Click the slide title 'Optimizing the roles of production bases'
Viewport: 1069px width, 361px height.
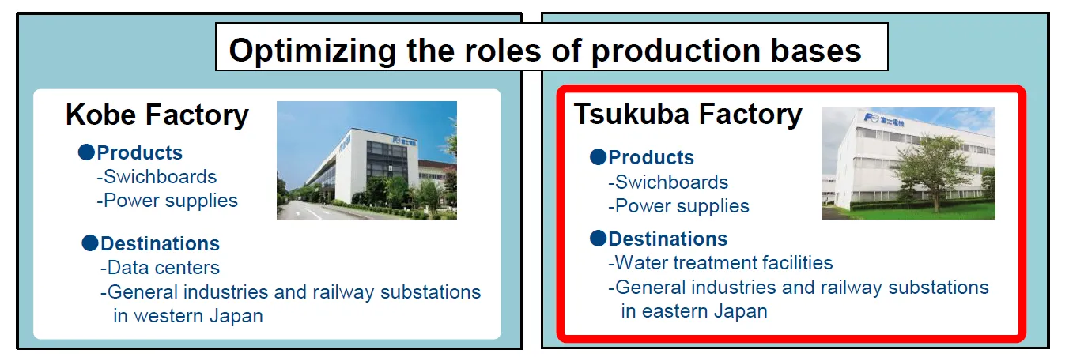(x=545, y=51)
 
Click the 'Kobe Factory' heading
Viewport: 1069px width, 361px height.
(x=157, y=115)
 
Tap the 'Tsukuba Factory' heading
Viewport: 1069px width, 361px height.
(x=688, y=115)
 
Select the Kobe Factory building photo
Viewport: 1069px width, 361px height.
(x=367, y=160)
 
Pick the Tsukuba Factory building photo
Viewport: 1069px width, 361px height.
(x=908, y=164)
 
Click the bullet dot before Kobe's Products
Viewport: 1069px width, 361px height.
(x=86, y=152)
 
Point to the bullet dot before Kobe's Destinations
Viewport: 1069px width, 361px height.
(x=90, y=243)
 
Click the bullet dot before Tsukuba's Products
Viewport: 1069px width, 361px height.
(x=598, y=157)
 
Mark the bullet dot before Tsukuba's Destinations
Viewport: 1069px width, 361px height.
(x=598, y=238)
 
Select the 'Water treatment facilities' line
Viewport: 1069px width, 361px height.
(x=720, y=263)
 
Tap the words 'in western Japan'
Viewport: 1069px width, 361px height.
(x=188, y=316)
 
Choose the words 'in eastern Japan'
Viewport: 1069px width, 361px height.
(x=694, y=311)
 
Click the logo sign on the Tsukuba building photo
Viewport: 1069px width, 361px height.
(x=884, y=120)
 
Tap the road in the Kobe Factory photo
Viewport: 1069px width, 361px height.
(x=305, y=211)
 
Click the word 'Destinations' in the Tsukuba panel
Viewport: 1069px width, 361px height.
(x=667, y=239)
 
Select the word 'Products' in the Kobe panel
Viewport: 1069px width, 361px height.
(x=139, y=153)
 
